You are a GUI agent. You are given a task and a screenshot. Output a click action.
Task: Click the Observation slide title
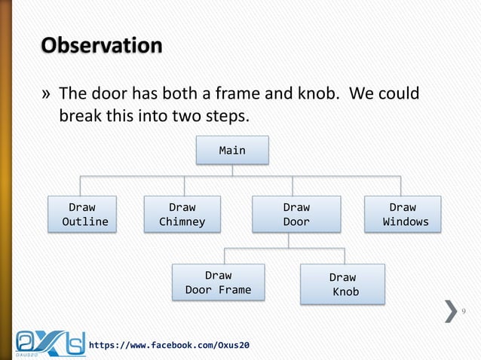[x=101, y=46]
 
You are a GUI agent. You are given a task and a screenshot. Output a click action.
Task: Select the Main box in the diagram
[x=231, y=151]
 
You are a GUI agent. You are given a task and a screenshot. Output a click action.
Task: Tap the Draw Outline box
[x=83, y=214]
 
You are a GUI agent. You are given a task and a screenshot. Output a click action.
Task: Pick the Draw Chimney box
[x=182, y=214]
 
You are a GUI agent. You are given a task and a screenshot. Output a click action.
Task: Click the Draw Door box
[x=296, y=214]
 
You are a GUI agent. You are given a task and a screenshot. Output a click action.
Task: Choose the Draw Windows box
[x=402, y=214]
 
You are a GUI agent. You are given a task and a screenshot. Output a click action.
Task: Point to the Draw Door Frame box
[x=218, y=282]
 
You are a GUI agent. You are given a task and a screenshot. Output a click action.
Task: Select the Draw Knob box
[x=342, y=284]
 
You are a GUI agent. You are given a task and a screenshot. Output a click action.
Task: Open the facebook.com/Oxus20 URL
[x=170, y=345]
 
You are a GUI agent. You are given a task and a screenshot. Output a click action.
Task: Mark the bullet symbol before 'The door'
[x=46, y=96]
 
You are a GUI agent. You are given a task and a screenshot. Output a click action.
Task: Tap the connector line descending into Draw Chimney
[x=184, y=185]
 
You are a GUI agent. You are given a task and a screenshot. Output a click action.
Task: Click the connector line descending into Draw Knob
[x=345, y=255]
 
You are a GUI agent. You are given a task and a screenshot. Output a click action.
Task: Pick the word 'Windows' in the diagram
[x=406, y=221]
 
